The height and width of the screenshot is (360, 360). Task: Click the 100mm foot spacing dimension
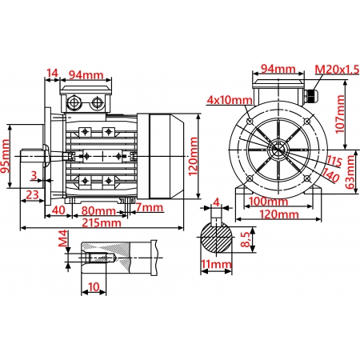268,201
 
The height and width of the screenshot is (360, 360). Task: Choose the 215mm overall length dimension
106,223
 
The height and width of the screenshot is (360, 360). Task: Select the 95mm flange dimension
6,158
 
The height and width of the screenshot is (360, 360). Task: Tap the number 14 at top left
53,74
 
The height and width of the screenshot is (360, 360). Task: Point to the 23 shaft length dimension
34,194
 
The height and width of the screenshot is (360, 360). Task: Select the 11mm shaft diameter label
216,264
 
